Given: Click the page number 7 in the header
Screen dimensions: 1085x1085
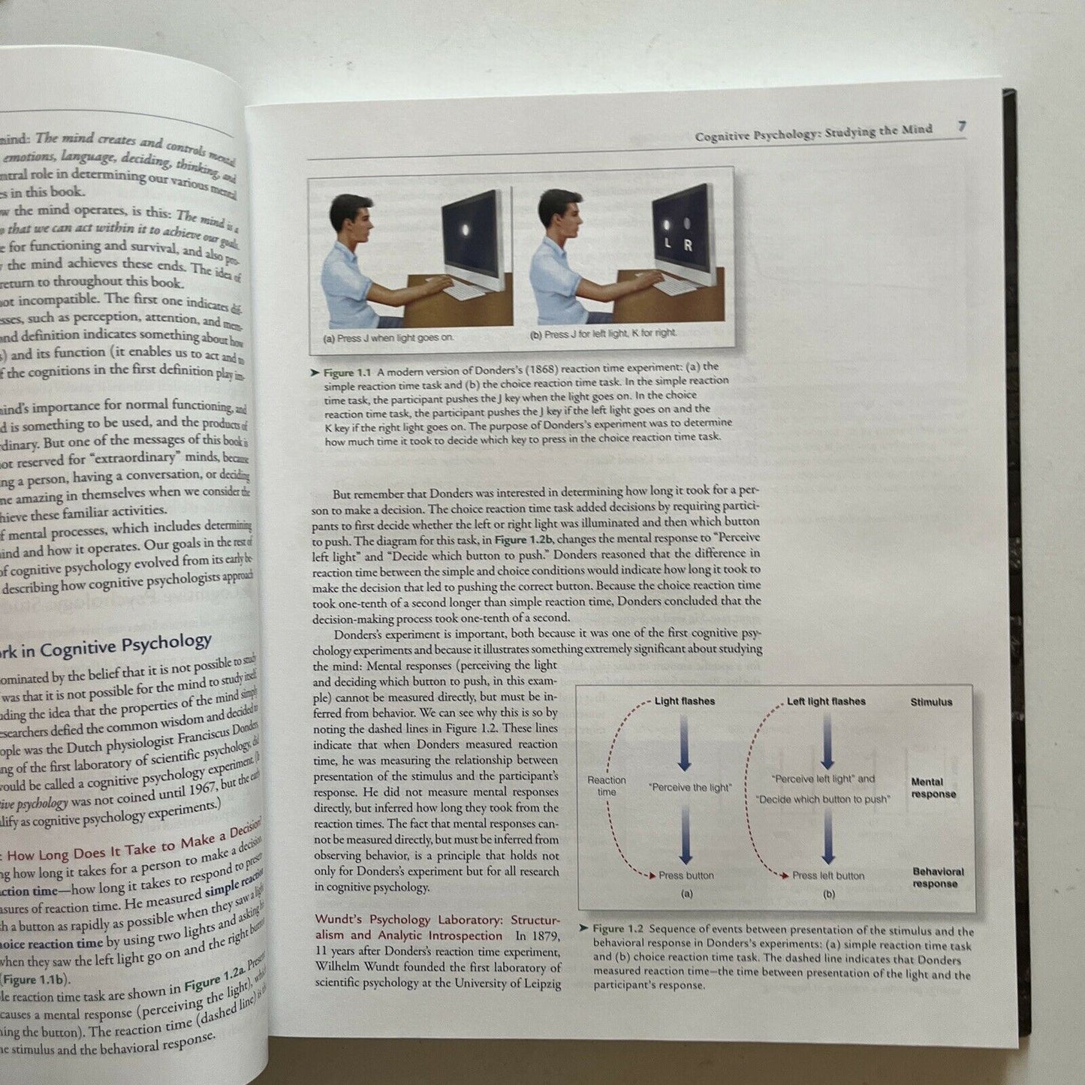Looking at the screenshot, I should tap(961, 127).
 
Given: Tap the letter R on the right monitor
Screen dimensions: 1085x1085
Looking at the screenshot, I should tap(688, 246).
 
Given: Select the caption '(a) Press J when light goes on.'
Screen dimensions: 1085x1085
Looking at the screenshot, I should tap(388, 338).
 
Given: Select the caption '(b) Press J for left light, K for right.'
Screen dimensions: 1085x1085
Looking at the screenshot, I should tap(604, 333).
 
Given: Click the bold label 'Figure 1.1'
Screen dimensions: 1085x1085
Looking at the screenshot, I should tap(349, 372).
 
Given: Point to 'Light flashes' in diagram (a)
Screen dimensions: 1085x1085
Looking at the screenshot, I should tap(684, 701).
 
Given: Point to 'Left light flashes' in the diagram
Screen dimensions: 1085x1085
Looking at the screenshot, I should tap(826, 701).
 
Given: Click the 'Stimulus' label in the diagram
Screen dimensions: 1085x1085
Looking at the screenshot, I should tap(931, 702).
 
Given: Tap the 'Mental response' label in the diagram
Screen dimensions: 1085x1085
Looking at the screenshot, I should tap(933, 788).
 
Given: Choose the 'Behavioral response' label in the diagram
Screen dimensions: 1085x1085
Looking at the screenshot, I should tap(937, 878).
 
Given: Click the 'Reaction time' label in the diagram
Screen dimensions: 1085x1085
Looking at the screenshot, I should tap(607, 786).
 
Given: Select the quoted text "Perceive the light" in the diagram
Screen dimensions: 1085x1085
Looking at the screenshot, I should tap(689, 788).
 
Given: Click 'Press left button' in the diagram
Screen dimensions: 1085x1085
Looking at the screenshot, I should tap(827, 876).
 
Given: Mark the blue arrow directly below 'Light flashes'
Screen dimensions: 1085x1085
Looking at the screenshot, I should tap(684, 743).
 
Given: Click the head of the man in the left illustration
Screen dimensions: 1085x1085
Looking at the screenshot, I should tap(351, 219).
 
